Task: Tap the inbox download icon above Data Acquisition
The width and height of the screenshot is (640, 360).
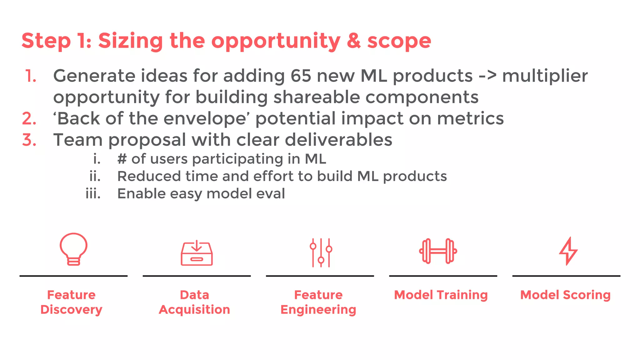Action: [x=197, y=253]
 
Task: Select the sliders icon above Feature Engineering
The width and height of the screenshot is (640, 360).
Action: [x=321, y=252]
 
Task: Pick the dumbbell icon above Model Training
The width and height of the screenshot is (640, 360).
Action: [x=438, y=251]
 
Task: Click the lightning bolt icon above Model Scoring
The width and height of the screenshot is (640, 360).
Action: [x=568, y=251]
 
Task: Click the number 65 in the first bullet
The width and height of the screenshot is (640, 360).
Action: [x=301, y=76]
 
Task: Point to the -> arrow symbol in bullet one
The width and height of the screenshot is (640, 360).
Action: [x=487, y=76]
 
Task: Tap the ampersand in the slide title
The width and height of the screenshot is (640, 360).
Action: [x=353, y=41]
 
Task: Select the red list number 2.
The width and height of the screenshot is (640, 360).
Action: [x=29, y=119]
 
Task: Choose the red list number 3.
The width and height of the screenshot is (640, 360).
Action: [x=29, y=140]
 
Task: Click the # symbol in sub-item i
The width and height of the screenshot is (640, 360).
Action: [x=122, y=159]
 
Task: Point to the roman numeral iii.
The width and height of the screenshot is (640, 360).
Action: [x=93, y=194]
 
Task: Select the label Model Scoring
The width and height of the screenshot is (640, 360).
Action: [x=565, y=295]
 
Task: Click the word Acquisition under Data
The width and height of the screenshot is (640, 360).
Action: [x=194, y=310]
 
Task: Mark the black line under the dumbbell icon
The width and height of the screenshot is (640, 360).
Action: [x=443, y=276]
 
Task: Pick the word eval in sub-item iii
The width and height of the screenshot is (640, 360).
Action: [x=270, y=194]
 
